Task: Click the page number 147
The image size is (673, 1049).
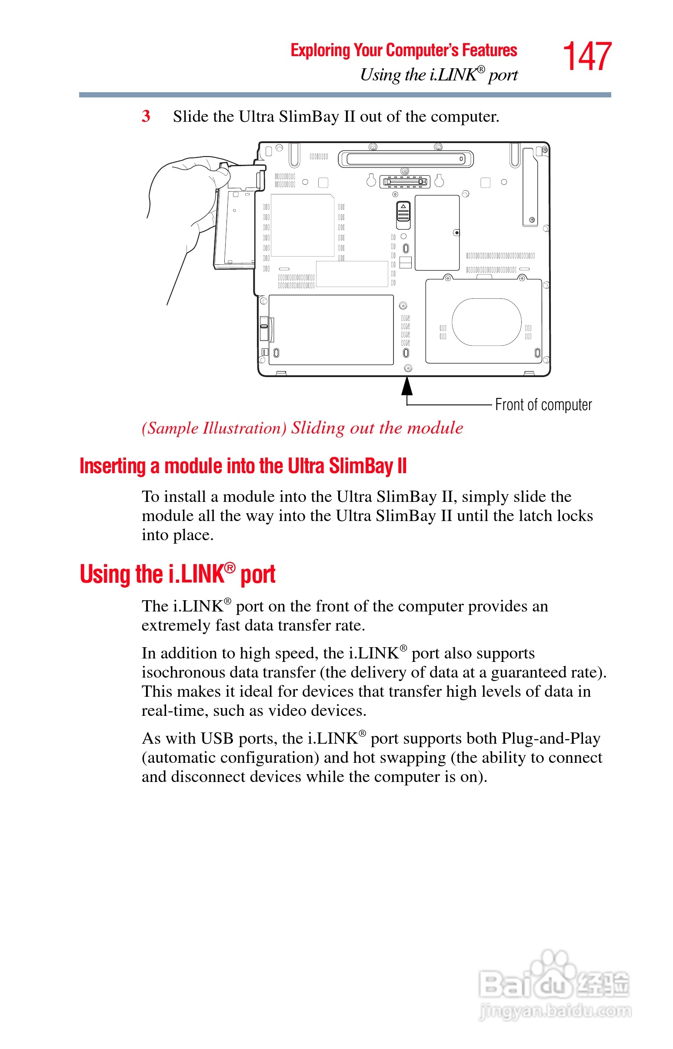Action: coord(586,57)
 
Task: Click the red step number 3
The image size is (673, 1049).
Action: coord(146,116)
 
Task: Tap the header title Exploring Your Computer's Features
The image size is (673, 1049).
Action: coord(403,50)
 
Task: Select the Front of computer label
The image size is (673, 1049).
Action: coord(543,405)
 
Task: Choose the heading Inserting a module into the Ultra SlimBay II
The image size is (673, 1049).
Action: coord(243,466)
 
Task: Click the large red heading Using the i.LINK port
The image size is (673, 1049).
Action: coord(177,574)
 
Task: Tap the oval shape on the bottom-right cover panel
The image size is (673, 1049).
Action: coord(486,322)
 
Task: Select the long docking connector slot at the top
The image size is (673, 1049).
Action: coord(406,159)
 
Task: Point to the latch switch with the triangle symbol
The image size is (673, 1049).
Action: coord(403,214)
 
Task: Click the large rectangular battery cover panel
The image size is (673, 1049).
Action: coord(331,330)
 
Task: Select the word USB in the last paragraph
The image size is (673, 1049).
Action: coord(217,738)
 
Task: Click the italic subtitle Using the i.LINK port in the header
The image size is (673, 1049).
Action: coord(438,75)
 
